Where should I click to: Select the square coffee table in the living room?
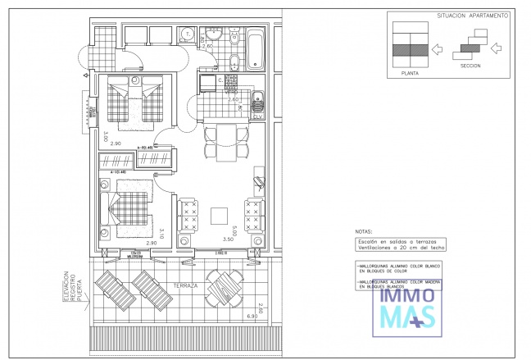click(x=220, y=215)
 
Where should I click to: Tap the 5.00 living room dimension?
click(x=234, y=233)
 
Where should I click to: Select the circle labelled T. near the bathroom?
click(x=187, y=34)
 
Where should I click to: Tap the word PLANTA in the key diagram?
click(x=411, y=73)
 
